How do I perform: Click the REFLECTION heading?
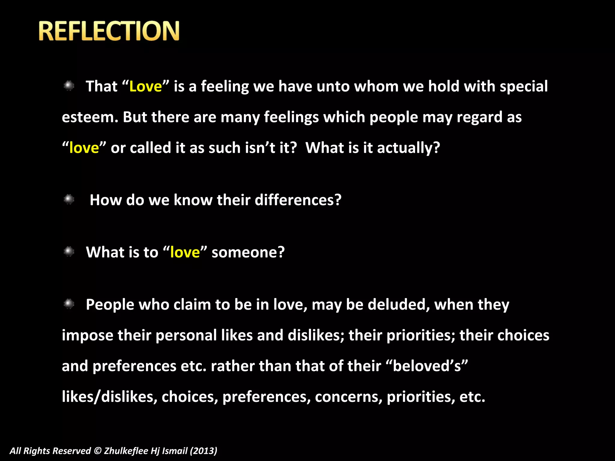click(x=109, y=31)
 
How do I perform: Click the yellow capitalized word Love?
click(x=145, y=86)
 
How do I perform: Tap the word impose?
click(x=87, y=336)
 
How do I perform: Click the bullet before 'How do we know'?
click(x=69, y=199)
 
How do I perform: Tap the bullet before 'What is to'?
click(x=69, y=252)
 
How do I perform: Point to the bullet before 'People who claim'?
click(x=69, y=304)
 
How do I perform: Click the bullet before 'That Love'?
click(x=69, y=86)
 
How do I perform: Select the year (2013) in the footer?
click(x=204, y=451)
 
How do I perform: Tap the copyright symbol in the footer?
click(x=98, y=451)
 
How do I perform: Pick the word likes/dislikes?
click(x=110, y=397)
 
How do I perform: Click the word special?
click(x=524, y=86)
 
